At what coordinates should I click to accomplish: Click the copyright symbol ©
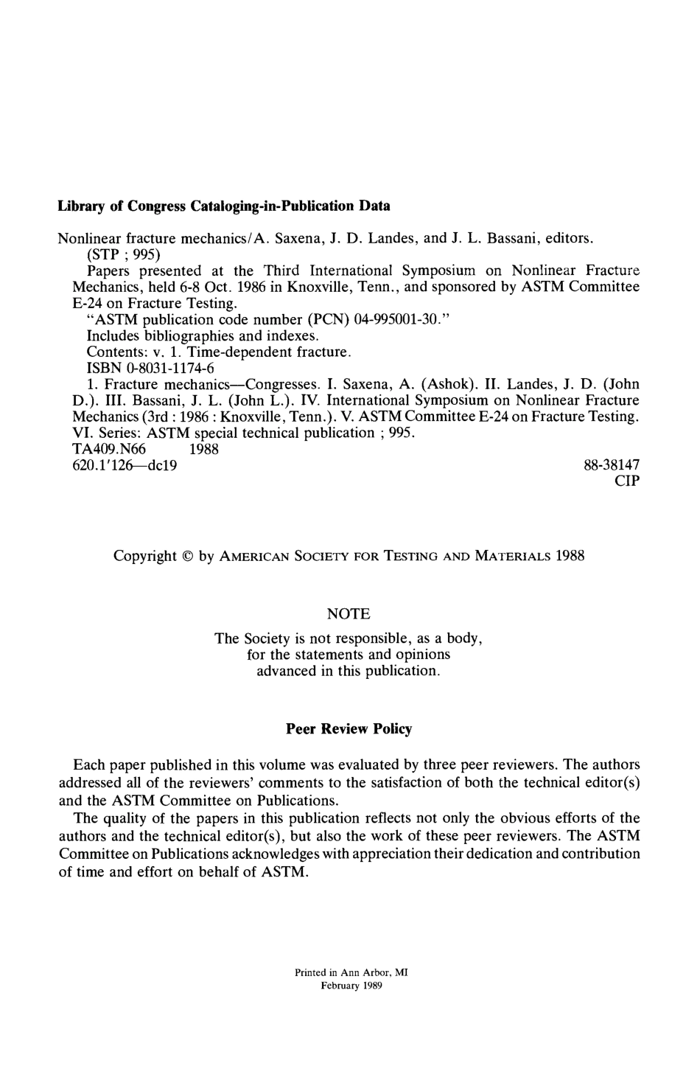click(188, 556)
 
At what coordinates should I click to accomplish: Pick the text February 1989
click(351, 986)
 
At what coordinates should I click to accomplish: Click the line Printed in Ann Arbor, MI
click(351, 972)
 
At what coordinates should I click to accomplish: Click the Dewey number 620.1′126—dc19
click(117, 465)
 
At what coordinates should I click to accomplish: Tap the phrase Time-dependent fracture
click(268, 352)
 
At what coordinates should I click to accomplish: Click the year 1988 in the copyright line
click(570, 556)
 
